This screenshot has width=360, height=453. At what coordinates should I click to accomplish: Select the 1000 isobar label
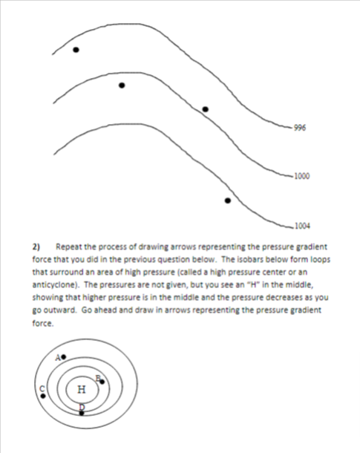pos(301,176)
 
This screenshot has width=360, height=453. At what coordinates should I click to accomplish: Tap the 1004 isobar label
pos(301,225)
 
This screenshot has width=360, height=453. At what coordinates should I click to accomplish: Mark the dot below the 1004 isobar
pos(228,200)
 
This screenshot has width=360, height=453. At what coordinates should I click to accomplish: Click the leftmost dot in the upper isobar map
pos(76,50)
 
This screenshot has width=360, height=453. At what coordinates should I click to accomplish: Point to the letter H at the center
pos(81,388)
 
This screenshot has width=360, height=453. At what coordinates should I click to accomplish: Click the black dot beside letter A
pos(64,357)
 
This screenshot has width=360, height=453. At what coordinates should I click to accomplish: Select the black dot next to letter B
pos(102,382)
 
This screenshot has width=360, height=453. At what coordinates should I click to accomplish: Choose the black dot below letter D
pos(82,412)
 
